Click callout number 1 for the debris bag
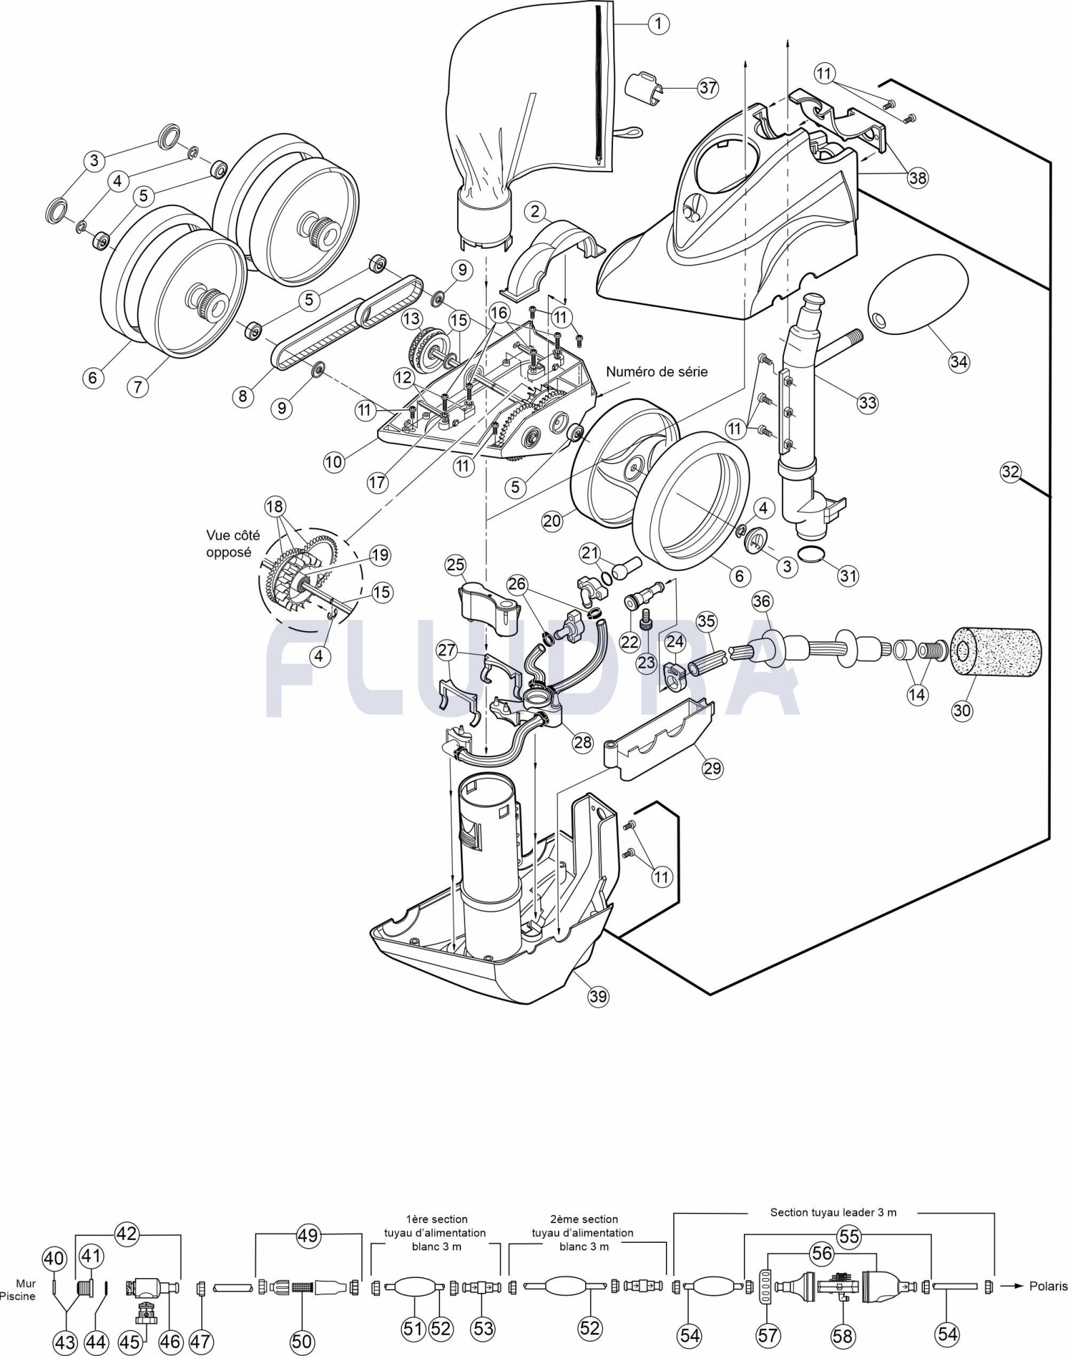pos(657,24)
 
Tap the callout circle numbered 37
pos(708,87)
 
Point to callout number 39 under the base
pos(597,996)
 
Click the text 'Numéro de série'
pos(656,372)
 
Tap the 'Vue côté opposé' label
pos(233,544)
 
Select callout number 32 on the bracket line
pos(1010,471)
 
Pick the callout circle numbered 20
pos(553,520)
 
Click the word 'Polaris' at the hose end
pos(1048,1286)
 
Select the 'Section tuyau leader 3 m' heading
pos(833,1212)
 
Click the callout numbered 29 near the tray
pos(712,768)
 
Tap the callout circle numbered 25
pos(456,564)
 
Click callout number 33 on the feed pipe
pos(867,403)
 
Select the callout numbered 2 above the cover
pos(535,212)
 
